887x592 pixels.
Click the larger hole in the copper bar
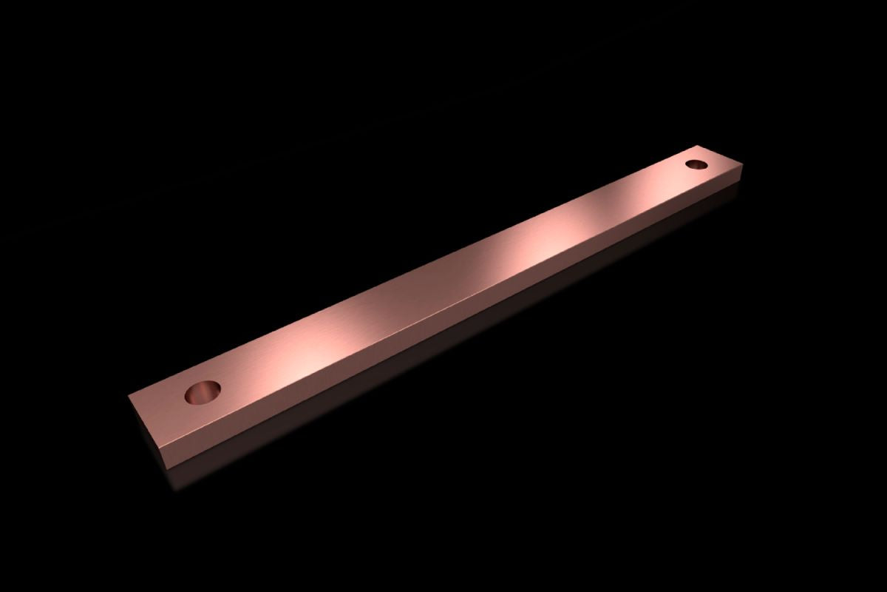(203, 393)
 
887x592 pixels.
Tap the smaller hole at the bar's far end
(697, 163)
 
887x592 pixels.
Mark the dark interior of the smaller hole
(697, 164)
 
